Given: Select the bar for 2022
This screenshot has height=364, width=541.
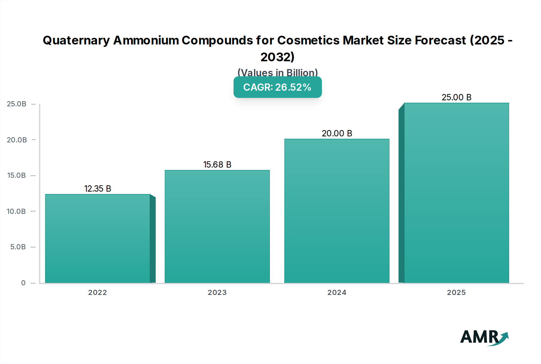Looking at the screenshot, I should coord(97,239).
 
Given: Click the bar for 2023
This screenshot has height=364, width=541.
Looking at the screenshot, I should coord(217,227).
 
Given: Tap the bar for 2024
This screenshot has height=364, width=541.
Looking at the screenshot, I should coord(337,211).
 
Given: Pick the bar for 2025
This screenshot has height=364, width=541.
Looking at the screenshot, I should coord(456,193).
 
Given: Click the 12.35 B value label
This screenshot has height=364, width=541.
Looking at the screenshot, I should coord(98,189).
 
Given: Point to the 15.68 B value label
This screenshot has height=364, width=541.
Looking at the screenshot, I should coord(217,165).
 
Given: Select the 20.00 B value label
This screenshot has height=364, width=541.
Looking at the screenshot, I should coord(337,133).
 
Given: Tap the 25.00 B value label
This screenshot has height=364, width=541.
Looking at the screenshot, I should coord(457,97).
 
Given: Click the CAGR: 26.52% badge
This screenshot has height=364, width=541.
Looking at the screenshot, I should coord(277,87).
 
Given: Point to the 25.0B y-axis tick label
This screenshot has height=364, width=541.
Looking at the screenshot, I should coord(17,104).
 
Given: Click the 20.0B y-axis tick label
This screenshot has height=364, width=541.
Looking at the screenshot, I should coord(17,140).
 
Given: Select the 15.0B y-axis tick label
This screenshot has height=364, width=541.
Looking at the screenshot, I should coord(17,175).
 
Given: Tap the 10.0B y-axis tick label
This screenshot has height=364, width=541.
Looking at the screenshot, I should coord(16,211).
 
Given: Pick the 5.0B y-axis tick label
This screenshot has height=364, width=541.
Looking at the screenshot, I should coord(18,247).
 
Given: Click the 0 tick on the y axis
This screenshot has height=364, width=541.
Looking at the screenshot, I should coord(23,283).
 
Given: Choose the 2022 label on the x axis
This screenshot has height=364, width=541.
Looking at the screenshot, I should coord(97,293).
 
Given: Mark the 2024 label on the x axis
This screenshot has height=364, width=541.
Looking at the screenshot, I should coord(337,293).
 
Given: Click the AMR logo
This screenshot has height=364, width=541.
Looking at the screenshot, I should coord(484,338).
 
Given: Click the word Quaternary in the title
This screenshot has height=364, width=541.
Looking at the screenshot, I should coord(76,41).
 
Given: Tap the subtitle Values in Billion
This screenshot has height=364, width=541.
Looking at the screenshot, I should coord(277,72).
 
